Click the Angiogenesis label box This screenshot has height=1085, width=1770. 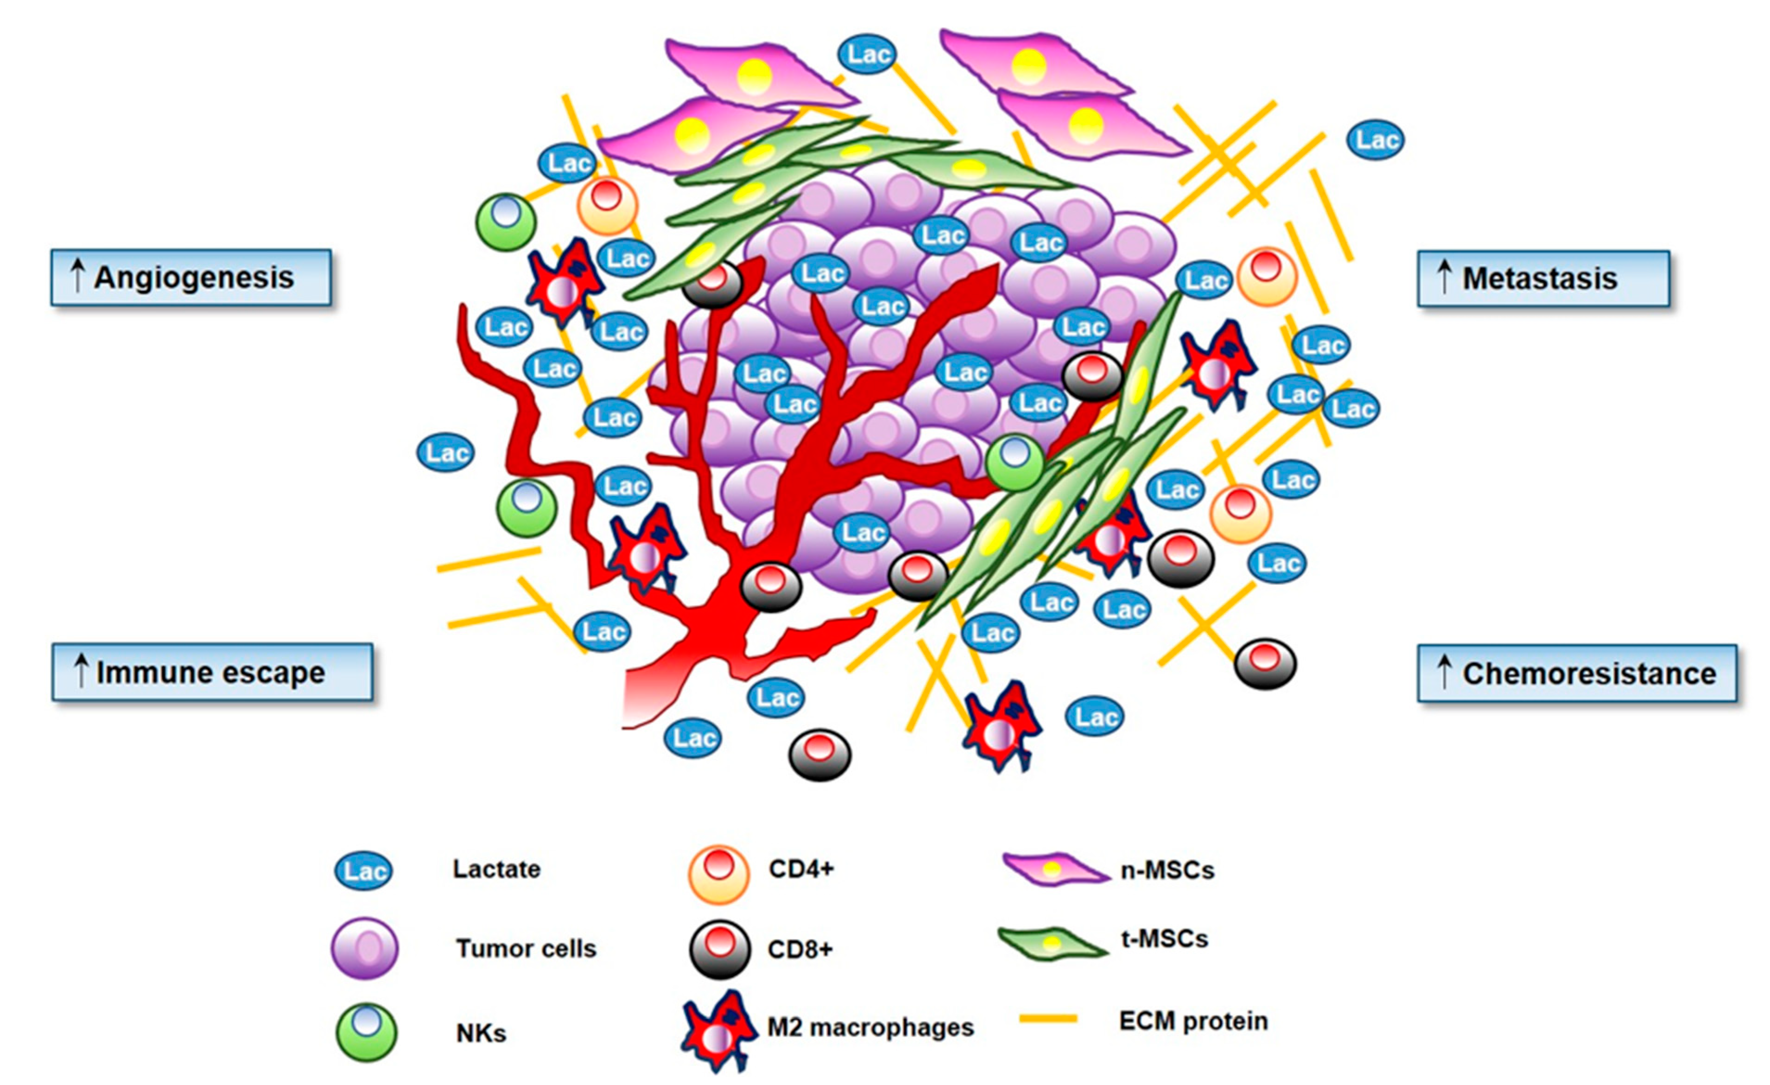[191, 277]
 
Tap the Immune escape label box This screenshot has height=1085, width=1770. [213, 672]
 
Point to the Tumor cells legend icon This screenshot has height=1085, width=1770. [365, 948]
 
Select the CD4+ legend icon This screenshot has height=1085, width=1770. [718, 874]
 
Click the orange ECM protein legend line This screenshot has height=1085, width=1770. [1049, 1018]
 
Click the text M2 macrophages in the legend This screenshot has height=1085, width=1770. [870, 1028]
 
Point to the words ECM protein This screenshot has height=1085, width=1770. [1193, 1021]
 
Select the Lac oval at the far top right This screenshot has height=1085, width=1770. [1376, 140]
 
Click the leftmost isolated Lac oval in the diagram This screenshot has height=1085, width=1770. [445, 453]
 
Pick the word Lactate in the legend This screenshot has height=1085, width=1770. [496, 869]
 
